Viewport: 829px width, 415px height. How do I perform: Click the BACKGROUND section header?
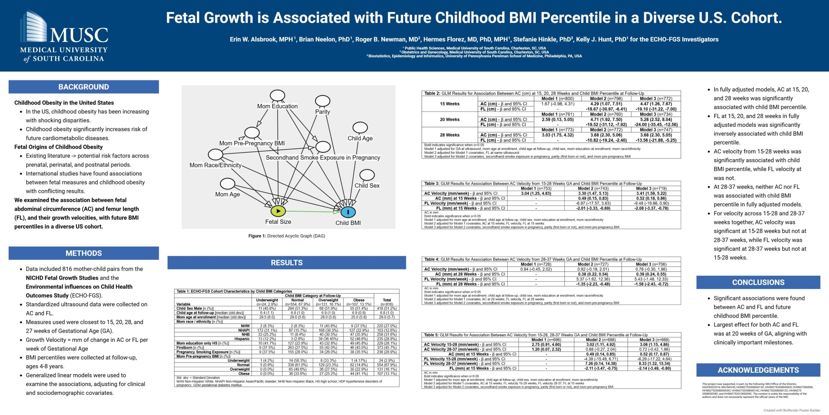[84, 87]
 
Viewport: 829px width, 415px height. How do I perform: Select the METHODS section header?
[84, 253]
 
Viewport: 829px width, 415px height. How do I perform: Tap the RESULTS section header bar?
[287, 263]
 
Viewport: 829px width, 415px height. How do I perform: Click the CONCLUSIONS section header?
[758, 282]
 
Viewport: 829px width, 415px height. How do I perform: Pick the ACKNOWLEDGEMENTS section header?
[758, 370]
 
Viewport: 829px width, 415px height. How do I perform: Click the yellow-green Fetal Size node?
[278, 211]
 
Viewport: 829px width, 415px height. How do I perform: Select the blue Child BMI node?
[348, 212]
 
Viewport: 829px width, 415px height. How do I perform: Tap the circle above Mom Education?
[278, 96]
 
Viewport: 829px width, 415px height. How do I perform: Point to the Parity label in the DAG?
[323, 112]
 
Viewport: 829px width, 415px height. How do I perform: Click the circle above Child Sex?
[367, 175]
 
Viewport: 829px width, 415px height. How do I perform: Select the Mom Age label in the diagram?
[228, 194]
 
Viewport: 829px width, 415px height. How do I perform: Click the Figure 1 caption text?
[287, 236]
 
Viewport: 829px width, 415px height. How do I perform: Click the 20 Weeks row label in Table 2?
[449, 120]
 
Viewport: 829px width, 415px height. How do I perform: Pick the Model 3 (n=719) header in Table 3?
[651, 188]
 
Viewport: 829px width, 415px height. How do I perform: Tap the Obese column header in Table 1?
[359, 300]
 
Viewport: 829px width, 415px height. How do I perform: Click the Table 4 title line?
[533, 259]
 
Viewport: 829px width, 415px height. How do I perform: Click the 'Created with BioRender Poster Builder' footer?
[792, 410]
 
